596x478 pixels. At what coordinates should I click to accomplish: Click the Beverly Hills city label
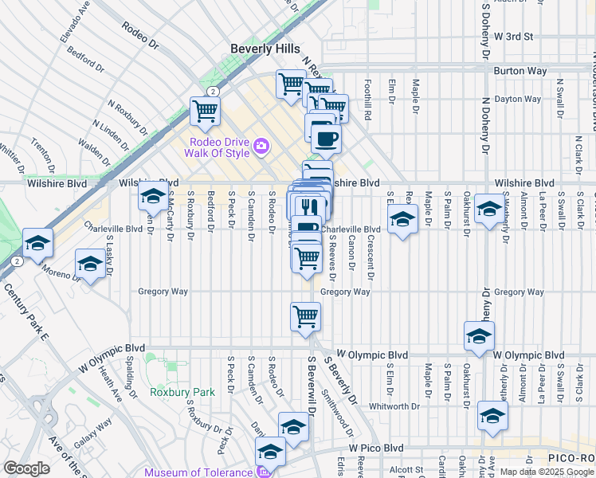[265, 49]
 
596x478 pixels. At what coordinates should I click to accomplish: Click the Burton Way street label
[520, 71]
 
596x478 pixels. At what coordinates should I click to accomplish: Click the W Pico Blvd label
[373, 448]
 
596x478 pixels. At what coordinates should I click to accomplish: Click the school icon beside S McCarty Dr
[152, 198]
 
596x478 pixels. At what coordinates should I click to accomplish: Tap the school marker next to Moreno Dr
[90, 264]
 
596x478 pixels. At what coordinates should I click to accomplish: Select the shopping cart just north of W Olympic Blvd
[305, 315]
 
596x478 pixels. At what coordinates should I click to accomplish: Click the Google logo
[27, 469]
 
